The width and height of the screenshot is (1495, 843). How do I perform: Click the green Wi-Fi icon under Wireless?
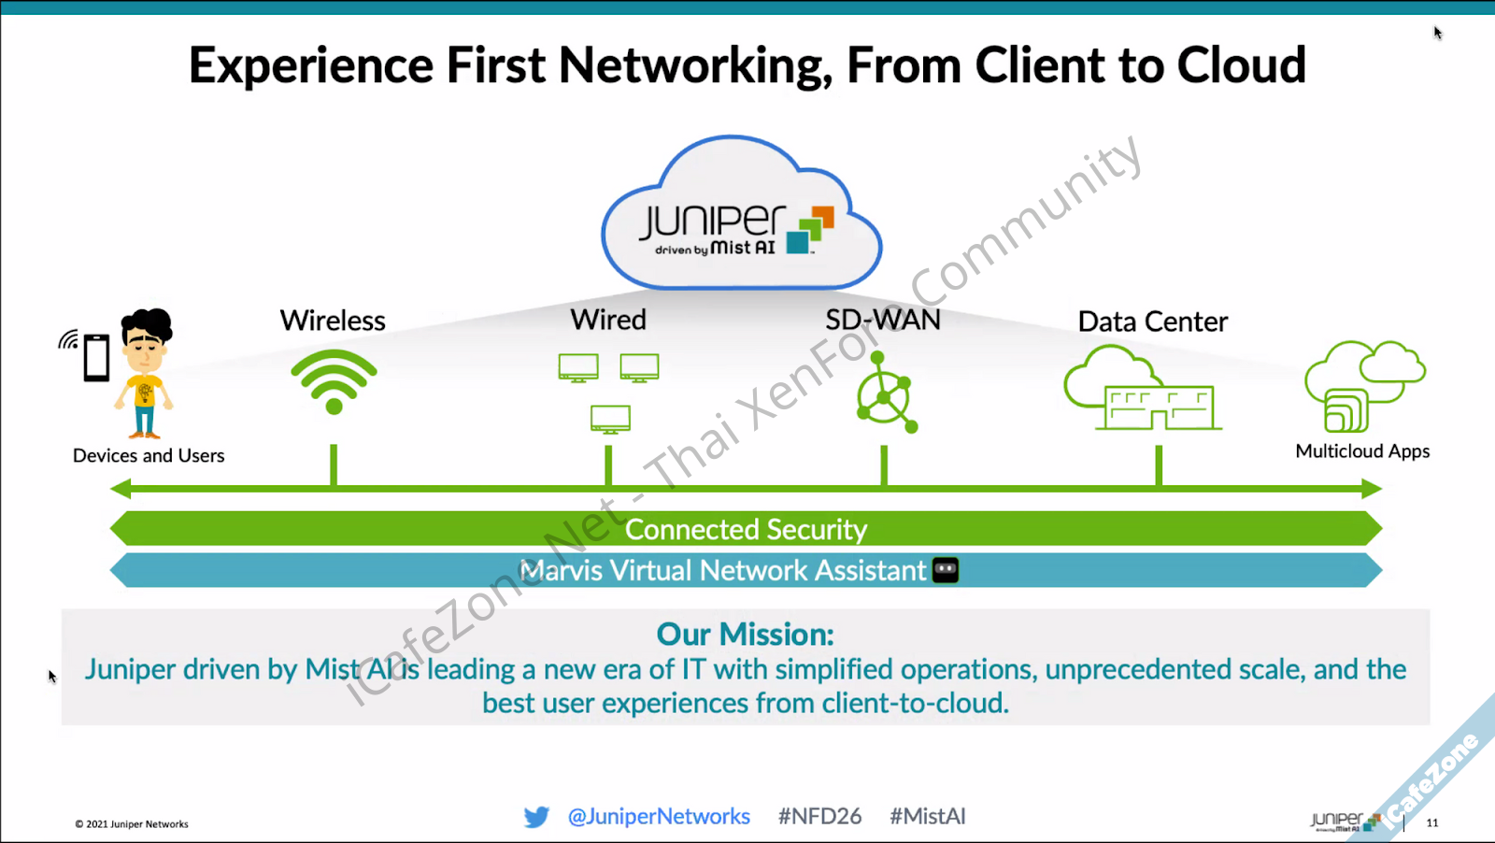pos(334,381)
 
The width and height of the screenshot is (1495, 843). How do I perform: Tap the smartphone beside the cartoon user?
pos(96,358)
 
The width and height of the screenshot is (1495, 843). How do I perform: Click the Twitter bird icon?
pos(536,817)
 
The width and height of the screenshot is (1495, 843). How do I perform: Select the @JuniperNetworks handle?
pos(659,817)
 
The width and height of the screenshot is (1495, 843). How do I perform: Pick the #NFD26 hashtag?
pos(819,817)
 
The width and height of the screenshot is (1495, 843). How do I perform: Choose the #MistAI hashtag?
pos(927,817)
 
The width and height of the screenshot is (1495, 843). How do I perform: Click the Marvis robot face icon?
pos(946,570)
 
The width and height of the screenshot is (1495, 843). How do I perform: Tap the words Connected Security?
pos(746,530)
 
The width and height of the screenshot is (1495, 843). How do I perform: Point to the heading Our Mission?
pos(745,635)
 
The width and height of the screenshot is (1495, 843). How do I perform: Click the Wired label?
pos(608,321)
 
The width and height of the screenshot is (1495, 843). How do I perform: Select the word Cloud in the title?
pos(1241,65)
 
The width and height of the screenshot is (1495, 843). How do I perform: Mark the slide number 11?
pos(1432,823)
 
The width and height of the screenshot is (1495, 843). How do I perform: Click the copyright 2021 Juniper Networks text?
pos(132,824)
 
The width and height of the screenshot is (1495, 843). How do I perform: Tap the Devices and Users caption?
pos(149,456)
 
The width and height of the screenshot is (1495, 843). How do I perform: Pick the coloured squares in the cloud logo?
pos(809,230)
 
